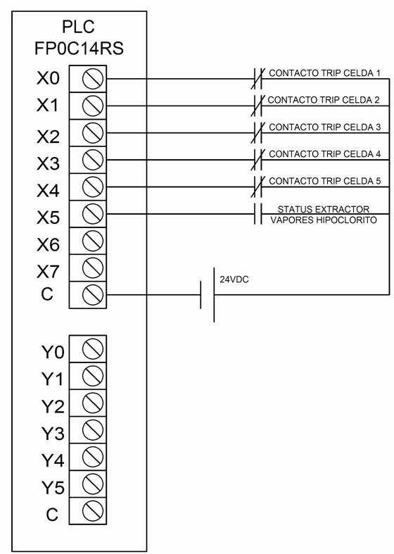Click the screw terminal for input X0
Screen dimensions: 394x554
click(92, 78)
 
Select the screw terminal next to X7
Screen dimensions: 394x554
click(92, 267)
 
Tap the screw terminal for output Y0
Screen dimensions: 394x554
click(92, 348)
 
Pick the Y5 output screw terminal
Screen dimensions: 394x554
click(92, 484)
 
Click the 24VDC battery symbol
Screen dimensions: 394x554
click(208, 295)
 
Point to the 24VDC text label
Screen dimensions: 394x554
click(234, 279)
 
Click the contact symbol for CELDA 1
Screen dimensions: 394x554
click(258, 78)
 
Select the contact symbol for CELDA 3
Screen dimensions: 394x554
click(258, 133)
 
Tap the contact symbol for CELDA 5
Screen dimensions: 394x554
click(258, 187)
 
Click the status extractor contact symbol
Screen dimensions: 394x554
click(258, 214)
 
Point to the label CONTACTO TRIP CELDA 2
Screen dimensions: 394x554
click(324, 100)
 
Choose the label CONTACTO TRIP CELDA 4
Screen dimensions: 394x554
click(325, 154)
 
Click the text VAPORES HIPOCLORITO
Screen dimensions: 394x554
click(324, 220)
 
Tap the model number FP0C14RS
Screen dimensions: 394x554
click(79, 49)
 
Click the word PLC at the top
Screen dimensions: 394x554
click(78, 27)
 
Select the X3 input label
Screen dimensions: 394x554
click(48, 163)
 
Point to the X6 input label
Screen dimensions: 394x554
click(48, 244)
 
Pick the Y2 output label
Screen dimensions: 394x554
click(53, 406)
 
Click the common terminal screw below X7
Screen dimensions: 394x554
click(92, 295)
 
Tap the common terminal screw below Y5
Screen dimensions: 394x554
click(92, 511)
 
